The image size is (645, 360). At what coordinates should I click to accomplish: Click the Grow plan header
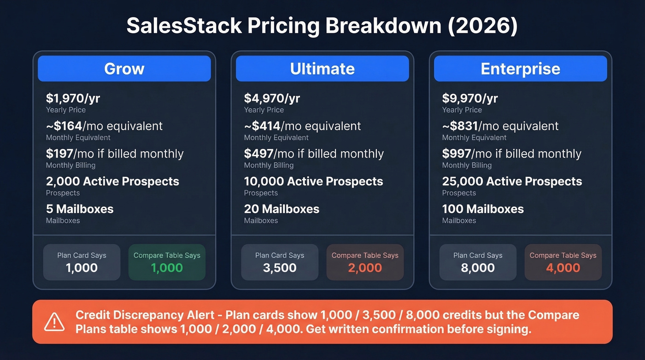coord(124,69)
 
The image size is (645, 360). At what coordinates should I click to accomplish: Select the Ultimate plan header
coord(322,69)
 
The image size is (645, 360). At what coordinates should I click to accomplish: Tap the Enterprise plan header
coord(520,69)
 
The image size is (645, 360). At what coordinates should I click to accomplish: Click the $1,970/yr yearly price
coord(73,98)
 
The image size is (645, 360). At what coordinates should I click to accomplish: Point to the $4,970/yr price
coord(272,98)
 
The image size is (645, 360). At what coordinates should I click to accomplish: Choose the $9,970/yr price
coord(470,98)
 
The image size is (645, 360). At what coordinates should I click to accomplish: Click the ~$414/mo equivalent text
coord(302,126)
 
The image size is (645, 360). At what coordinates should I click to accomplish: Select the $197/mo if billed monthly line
coord(115,153)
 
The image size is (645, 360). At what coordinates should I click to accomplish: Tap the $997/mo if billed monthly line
coord(511,153)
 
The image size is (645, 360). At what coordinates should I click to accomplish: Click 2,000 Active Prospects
coord(112,181)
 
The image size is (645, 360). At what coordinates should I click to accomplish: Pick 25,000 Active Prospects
coord(512,181)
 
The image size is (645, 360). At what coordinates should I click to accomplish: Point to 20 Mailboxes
coord(281,209)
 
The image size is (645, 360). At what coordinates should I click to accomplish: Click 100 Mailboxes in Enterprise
coord(483,209)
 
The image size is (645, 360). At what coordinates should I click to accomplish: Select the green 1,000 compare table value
coord(167,268)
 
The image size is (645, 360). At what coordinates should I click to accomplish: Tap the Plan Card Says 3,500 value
coord(280,268)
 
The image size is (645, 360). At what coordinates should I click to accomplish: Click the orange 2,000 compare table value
coord(365,268)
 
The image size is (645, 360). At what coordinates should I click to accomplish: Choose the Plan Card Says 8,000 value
coord(478,268)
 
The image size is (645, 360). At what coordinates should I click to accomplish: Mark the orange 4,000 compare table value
coord(563,268)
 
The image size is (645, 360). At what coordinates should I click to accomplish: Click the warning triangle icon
coord(54,322)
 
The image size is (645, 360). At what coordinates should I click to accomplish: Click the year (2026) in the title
coord(482,26)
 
